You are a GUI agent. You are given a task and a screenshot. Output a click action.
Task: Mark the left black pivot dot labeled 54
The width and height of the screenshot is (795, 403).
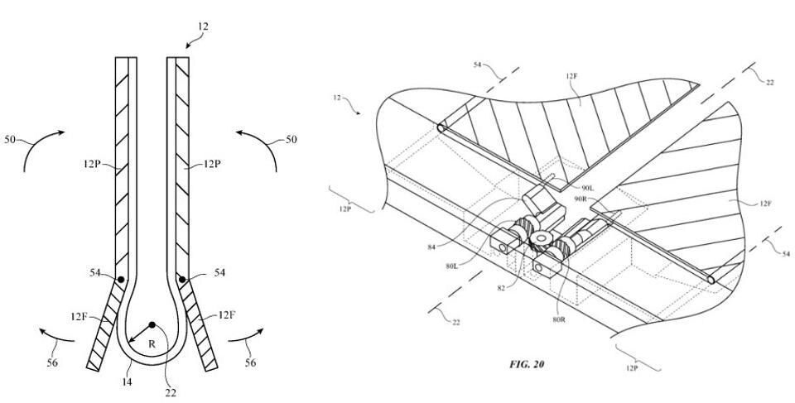(x=122, y=279)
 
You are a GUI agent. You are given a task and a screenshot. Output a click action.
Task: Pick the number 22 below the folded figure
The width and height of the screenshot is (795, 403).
(x=171, y=392)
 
